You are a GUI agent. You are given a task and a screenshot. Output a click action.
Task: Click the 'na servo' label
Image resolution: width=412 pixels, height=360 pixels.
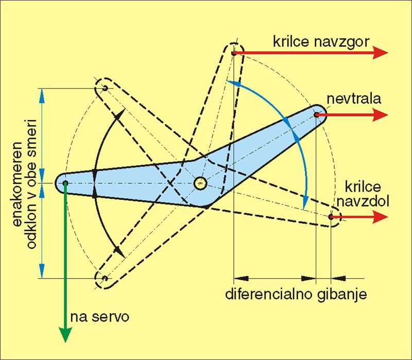click(101, 315)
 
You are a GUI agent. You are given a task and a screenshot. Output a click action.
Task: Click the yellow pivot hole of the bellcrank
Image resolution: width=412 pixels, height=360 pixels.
click(200, 183)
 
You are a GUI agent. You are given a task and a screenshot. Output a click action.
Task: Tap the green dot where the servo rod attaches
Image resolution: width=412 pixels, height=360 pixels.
click(65, 183)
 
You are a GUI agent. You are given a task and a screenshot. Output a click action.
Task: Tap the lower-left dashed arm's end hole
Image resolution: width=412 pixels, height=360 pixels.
click(105, 279)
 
